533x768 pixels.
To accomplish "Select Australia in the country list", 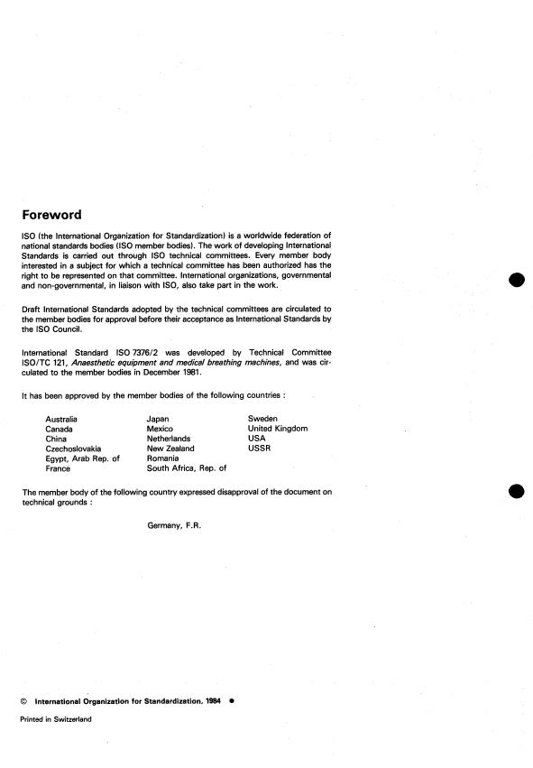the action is click(x=61, y=419).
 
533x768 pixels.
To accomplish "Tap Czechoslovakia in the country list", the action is click(x=73, y=449).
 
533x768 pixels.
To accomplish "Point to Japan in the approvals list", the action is click(x=159, y=419).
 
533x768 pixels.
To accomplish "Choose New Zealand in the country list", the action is click(x=170, y=449).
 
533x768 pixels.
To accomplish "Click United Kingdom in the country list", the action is click(x=278, y=429).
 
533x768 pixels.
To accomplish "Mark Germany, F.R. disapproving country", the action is click(x=175, y=524).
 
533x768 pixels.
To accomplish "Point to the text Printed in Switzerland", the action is click(x=55, y=719).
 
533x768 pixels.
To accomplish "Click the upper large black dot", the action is click(x=516, y=280).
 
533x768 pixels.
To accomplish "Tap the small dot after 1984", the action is click(x=232, y=699).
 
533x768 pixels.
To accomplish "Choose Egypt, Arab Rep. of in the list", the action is click(x=82, y=458).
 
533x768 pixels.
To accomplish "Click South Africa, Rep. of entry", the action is click(x=186, y=468).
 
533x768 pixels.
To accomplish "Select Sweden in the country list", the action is click(x=262, y=419).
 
